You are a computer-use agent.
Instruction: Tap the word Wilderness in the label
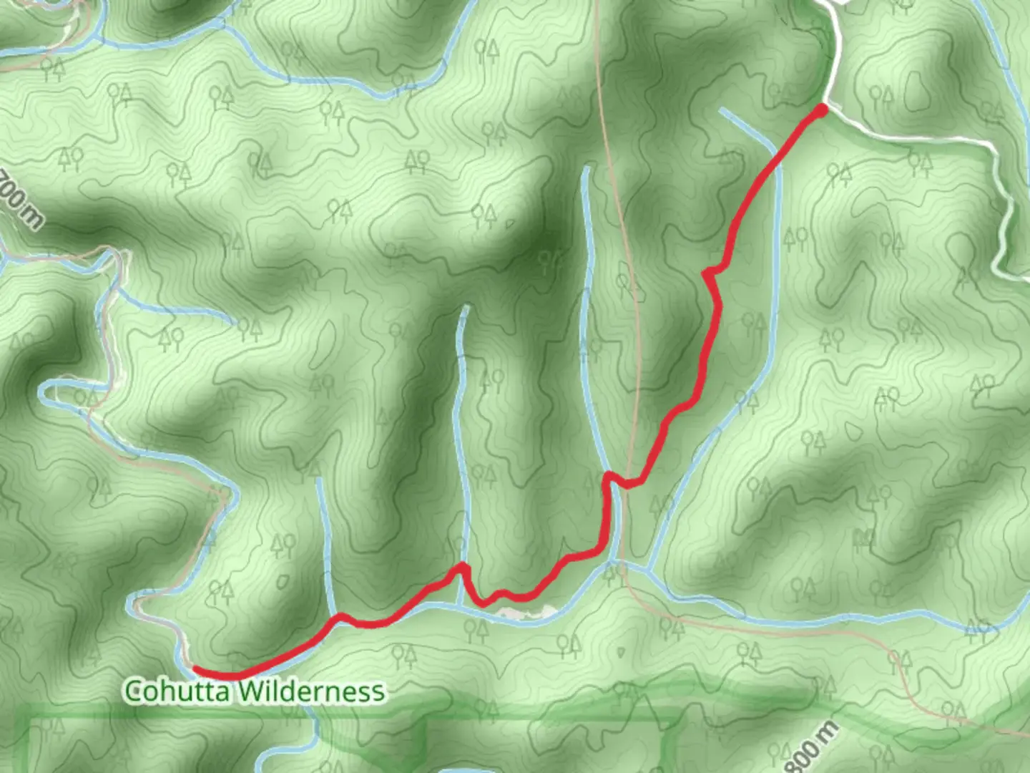311,691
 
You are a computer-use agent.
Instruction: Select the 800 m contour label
815,747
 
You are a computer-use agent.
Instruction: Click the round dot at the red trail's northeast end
822,110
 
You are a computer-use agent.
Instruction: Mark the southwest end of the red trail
195,670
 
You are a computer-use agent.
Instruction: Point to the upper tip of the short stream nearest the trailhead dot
722,110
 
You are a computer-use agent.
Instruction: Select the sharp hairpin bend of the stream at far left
44,391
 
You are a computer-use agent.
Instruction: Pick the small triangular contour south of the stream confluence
619,652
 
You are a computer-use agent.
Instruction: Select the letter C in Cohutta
133,691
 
